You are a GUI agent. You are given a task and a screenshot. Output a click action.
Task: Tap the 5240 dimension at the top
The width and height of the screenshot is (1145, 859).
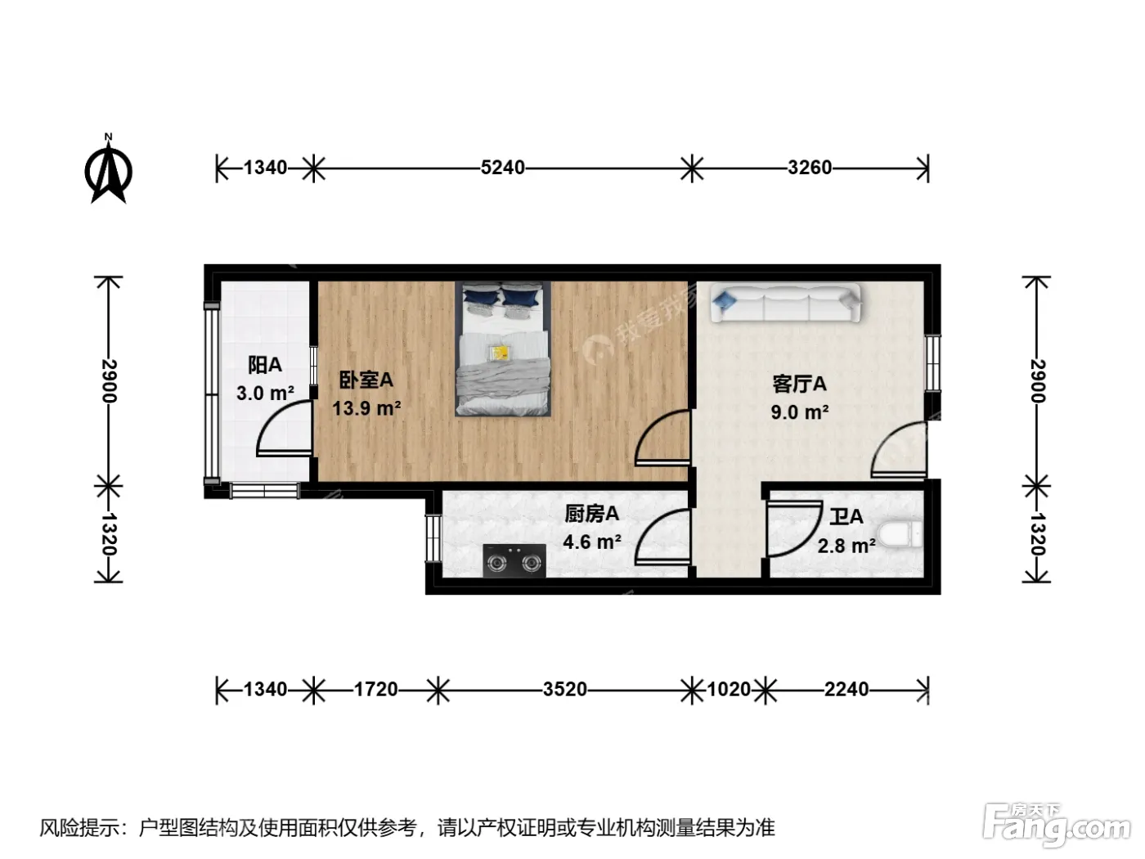click(x=502, y=168)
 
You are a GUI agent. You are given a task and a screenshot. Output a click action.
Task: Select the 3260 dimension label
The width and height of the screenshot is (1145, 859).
click(x=810, y=168)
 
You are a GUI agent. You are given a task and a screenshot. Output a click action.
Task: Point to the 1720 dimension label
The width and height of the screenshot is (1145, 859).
click(x=375, y=690)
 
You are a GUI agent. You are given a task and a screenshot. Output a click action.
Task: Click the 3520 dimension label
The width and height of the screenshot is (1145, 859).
click(x=565, y=690)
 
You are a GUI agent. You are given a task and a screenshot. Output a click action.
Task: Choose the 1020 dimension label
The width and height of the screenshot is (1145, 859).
click(x=729, y=690)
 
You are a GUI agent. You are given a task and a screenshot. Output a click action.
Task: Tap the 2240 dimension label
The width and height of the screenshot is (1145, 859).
click(x=846, y=690)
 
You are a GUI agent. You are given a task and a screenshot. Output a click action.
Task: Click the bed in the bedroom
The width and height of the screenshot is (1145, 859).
click(x=503, y=349)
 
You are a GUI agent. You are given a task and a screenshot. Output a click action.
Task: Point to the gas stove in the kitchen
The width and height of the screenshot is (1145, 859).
click(x=514, y=560)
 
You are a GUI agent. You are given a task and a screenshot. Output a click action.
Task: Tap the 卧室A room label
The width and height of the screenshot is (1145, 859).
click(x=366, y=380)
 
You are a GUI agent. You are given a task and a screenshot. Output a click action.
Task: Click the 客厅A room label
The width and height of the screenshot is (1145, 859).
click(x=799, y=384)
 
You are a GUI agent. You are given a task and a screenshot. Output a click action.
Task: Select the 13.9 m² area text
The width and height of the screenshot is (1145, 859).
click(x=366, y=407)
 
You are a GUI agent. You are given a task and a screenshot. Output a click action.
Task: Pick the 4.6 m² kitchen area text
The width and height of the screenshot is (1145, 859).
click(x=592, y=542)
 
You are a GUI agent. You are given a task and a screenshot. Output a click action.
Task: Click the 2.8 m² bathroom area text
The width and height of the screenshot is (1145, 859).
click(x=846, y=546)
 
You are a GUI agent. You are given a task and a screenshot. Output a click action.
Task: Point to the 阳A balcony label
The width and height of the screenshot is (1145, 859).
click(x=265, y=365)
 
